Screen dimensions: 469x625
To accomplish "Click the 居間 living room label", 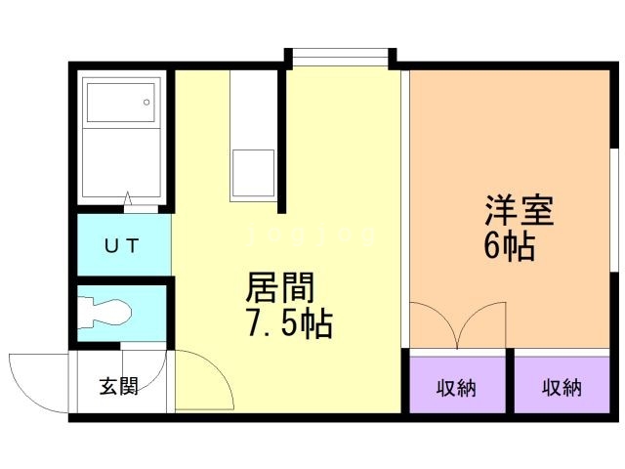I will pyautogui.click(x=280, y=288).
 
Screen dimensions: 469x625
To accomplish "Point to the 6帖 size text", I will pyautogui.click(x=509, y=246).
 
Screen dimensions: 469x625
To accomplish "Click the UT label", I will pyautogui.click(x=122, y=245).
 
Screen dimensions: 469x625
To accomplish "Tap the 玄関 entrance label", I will pyautogui.click(x=118, y=386).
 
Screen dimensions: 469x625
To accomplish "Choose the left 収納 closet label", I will pyautogui.click(x=456, y=388).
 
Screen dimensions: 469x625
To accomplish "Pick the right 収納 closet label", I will pyautogui.click(x=562, y=388).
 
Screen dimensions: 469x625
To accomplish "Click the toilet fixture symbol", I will pyautogui.click(x=104, y=311).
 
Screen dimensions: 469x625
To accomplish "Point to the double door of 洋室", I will pyautogui.click(x=456, y=327).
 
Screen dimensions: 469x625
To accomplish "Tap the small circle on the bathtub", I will pyautogui.click(x=146, y=99).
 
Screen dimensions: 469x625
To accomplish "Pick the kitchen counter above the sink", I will pyautogui.click(x=252, y=107).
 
